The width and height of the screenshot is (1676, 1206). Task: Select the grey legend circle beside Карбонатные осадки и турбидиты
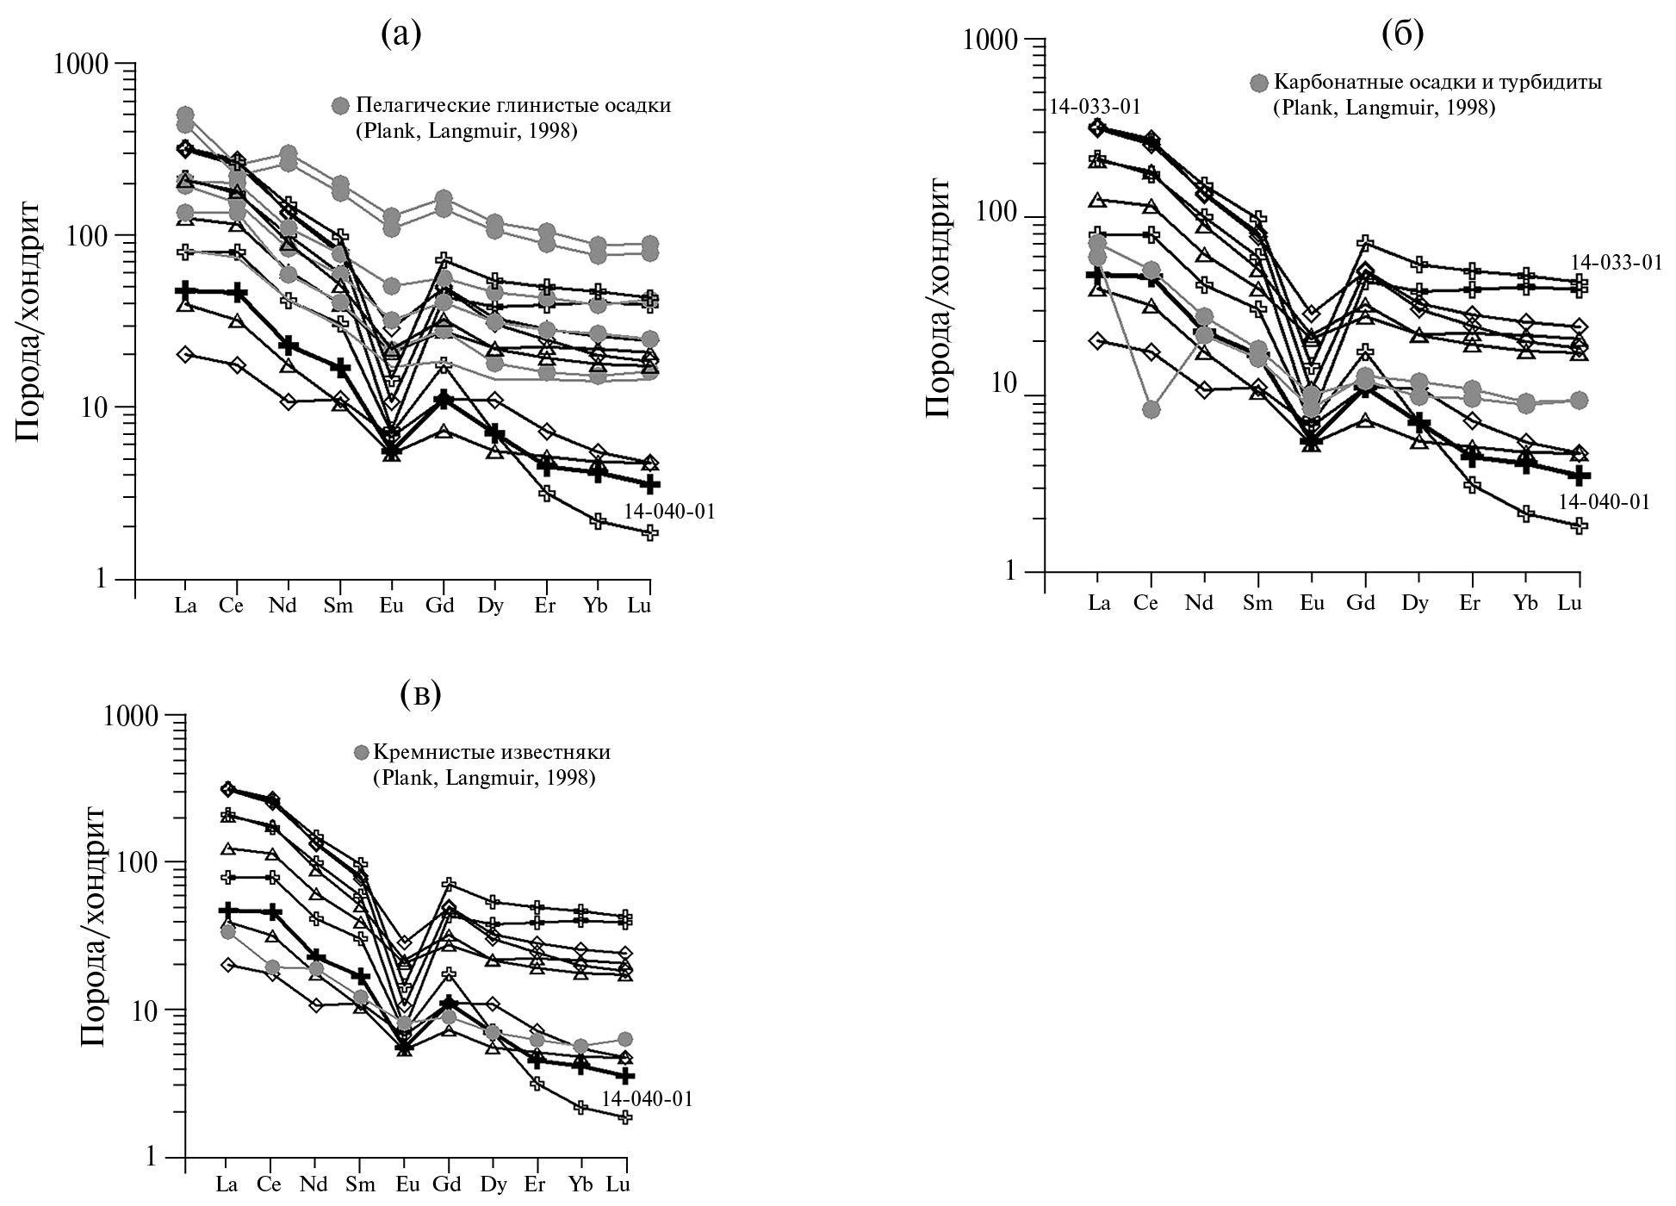point(1259,84)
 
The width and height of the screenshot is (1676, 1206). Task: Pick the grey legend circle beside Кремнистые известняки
point(362,753)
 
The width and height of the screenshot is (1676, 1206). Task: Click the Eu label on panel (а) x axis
point(391,606)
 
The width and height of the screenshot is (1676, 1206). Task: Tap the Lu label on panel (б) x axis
point(1569,603)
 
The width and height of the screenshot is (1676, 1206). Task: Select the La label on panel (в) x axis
point(227,1184)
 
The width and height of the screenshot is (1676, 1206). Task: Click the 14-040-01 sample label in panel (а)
point(670,512)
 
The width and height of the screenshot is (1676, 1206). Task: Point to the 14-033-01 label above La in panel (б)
point(1095,107)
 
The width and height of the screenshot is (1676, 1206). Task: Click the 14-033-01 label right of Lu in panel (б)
point(1616,263)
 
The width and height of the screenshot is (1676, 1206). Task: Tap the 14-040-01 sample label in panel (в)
point(647,1099)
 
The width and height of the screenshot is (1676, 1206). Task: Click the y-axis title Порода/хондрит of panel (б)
point(938,297)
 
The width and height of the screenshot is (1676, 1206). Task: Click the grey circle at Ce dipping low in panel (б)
point(1151,409)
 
